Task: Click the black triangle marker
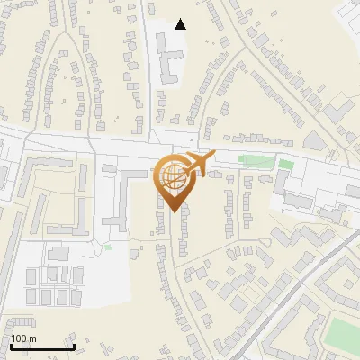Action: click(x=180, y=24)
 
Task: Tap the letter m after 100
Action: click(x=32, y=338)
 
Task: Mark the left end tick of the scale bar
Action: click(x=12, y=346)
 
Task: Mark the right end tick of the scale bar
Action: click(x=73, y=346)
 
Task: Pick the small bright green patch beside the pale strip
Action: click(x=286, y=165)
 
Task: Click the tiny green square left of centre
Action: click(x=108, y=247)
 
